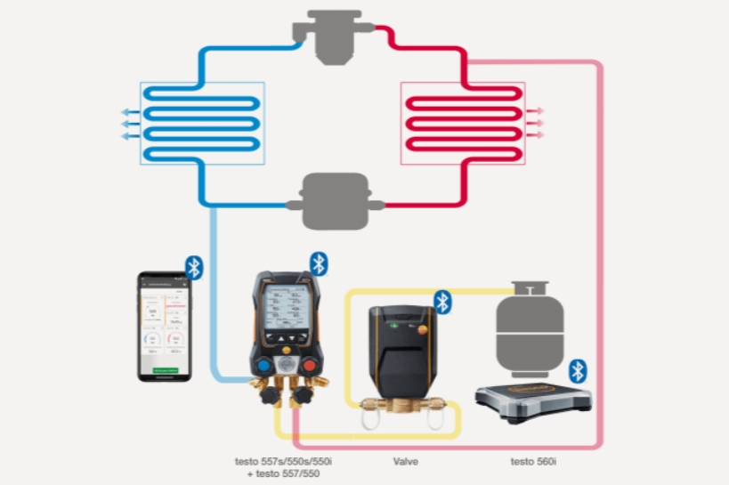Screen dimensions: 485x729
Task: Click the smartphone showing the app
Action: (x=166, y=327)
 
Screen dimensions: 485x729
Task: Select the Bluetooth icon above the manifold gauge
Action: (x=319, y=263)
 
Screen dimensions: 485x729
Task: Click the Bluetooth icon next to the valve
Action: (x=442, y=302)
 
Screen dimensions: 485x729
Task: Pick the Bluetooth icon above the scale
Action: (x=579, y=370)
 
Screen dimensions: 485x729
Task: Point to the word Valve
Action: (x=407, y=462)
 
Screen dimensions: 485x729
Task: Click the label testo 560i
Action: (x=533, y=462)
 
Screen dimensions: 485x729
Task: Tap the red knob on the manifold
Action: (x=310, y=367)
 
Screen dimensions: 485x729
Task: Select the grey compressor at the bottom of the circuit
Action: (x=335, y=203)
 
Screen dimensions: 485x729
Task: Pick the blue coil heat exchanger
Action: (x=202, y=123)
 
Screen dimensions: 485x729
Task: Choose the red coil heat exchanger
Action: (x=463, y=123)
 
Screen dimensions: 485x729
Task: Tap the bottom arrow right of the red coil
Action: (x=536, y=135)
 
